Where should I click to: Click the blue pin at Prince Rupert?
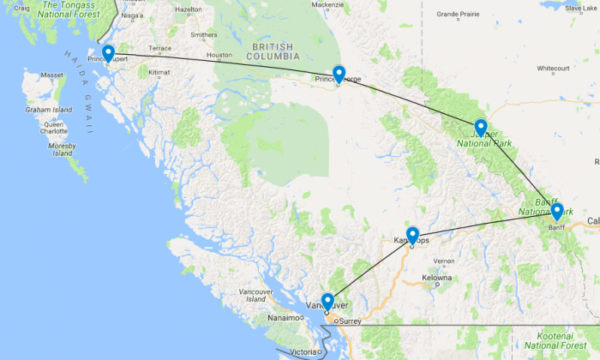(108, 54)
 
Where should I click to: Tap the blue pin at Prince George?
(339, 74)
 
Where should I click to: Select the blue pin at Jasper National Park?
(481, 128)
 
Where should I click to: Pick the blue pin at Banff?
(557, 211)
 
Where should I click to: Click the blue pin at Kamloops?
(412, 234)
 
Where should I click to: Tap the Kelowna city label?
(436, 279)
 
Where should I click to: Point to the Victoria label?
(303, 351)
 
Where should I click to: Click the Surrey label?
(351, 322)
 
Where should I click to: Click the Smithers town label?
(204, 35)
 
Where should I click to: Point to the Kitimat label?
(159, 72)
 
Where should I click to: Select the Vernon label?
(443, 261)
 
